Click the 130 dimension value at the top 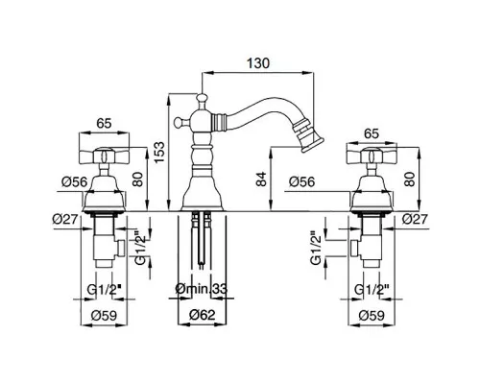click(x=258, y=63)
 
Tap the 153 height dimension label click(x=159, y=152)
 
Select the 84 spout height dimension click(x=261, y=180)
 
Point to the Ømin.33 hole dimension click(x=202, y=289)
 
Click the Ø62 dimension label click(x=202, y=315)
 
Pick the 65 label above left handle click(x=104, y=123)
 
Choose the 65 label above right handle click(x=372, y=133)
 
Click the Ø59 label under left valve click(x=104, y=316)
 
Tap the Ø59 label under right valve click(x=372, y=316)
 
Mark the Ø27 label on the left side click(x=65, y=220)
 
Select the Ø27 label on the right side click(x=415, y=220)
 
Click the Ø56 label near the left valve click(x=74, y=182)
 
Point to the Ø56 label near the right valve click(x=301, y=182)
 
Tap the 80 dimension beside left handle click(x=137, y=180)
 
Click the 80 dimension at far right click(x=409, y=180)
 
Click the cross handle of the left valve click(x=105, y=156)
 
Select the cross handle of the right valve click(x=372, y=156)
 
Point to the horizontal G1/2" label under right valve click(x=372, y=290)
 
